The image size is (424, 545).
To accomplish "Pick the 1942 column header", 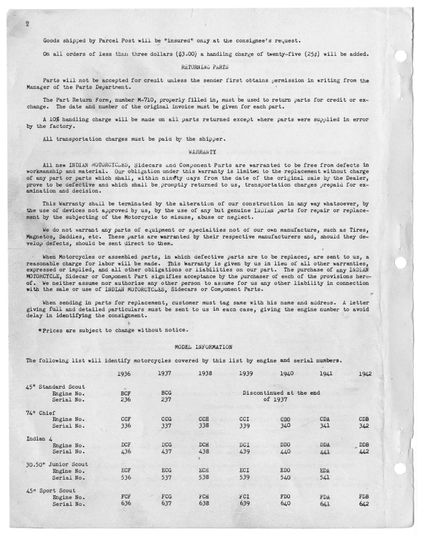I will tap(364, 373).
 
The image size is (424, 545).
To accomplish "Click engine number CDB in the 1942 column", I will tap(364, 418).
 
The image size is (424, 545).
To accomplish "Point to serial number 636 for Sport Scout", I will tap(125, 504).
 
